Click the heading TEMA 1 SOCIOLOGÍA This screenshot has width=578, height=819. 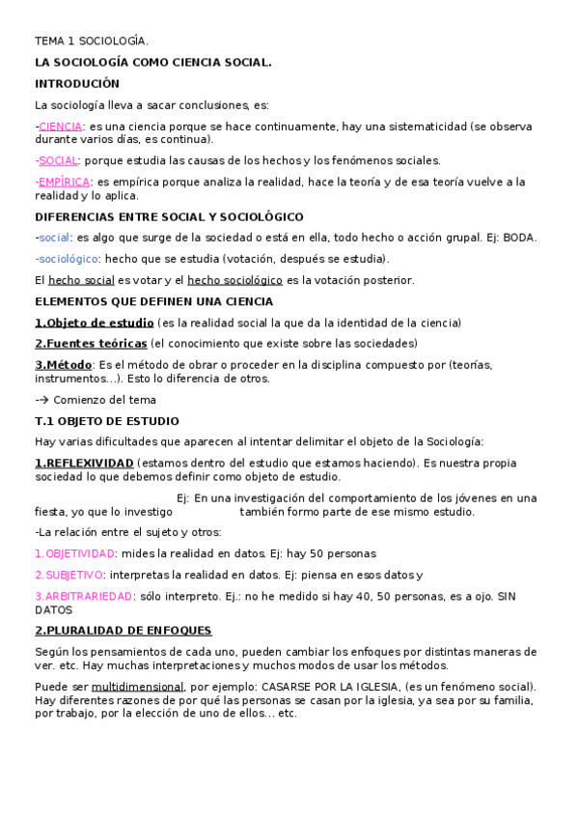(92, 42)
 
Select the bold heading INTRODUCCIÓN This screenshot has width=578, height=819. (77, 84)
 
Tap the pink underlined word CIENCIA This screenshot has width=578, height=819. (60, 126)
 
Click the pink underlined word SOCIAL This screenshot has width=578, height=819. (58, 160)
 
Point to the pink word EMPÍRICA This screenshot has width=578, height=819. (64, 182)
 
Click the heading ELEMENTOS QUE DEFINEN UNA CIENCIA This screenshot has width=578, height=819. (153, 301)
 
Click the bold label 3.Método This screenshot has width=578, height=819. (64, 364)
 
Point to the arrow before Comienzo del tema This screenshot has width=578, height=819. (42, 400)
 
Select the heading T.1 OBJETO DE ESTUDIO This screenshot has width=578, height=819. (106, 421)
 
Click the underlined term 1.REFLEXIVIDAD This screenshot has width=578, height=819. (84, 463)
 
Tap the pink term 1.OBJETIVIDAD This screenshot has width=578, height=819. (74, 553)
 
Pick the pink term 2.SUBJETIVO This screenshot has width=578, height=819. (69, 575)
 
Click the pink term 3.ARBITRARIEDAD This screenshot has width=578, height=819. (83, 596)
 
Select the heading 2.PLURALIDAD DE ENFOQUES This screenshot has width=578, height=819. (123, 630)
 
